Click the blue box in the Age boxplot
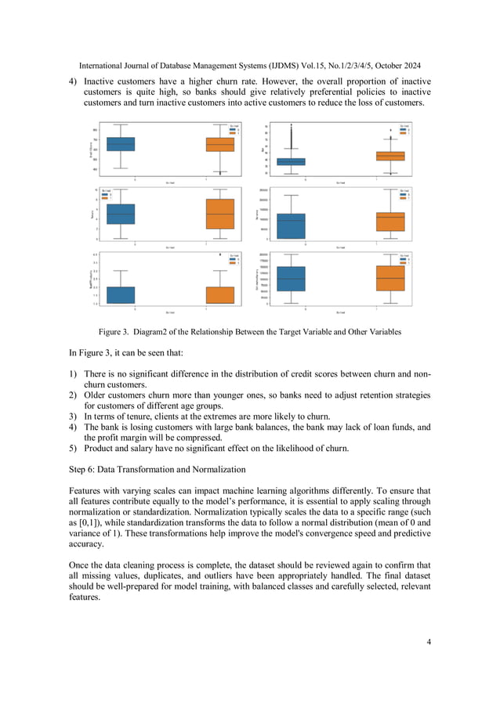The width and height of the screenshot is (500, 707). pos(292,161)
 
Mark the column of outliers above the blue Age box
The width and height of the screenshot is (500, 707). pos(292,141)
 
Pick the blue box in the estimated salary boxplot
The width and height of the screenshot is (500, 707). pos(292,279)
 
